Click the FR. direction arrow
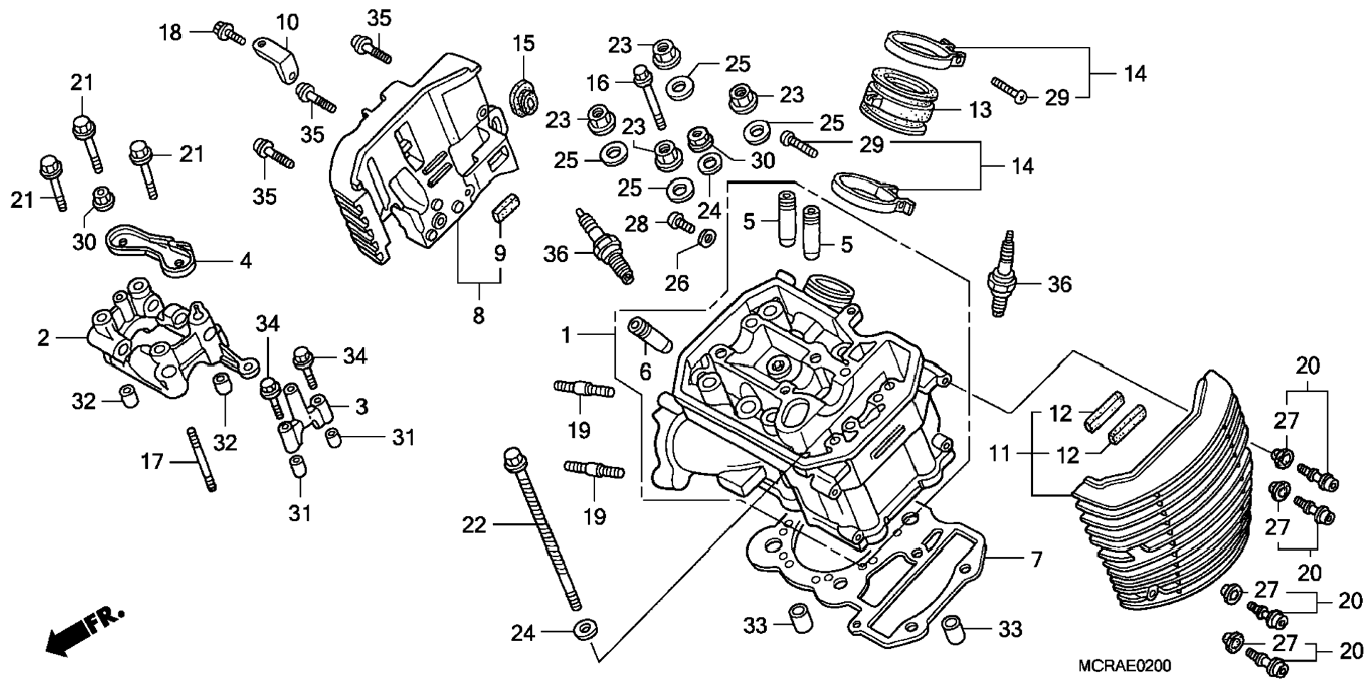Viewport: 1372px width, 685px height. pyautogui.click(x=84, y=630)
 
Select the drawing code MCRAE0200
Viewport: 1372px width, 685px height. pyautogui.click(x=1124, y=666)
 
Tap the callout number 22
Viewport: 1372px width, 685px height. pyautogui.click(x=475, y=525)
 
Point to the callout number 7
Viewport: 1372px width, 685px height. pyautogui.click(x=1036, y=560)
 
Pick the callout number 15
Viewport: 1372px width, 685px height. pyautogui.click(x=524, y=44)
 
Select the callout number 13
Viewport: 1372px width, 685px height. pyautogui.click(x=980, y=110)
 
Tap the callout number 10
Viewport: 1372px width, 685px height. pyautogui.click(x=287, y=23)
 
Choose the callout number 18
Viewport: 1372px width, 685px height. pyautogui.click(x=170, y=33)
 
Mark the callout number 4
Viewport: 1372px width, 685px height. pyautogui.click(x=245, y=262)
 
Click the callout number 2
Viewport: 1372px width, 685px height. pyautogui.click(x=43, y=339)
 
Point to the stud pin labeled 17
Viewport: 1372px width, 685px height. pyautogui.click(x=201, y=459)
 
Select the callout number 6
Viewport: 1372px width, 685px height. pyautogui.click(x=645, y=371)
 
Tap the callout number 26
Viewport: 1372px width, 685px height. pyautogui.click(x=677, y=283)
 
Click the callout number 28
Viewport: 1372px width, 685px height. pyautogui.click(x=636, y=224)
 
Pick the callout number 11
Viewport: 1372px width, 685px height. pyautogui.click(x=1000, y=453)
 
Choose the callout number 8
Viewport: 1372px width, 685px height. pyautogui.click(x=479, y=315)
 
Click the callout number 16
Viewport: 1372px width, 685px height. pyautogui.click(x=598, y=84)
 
